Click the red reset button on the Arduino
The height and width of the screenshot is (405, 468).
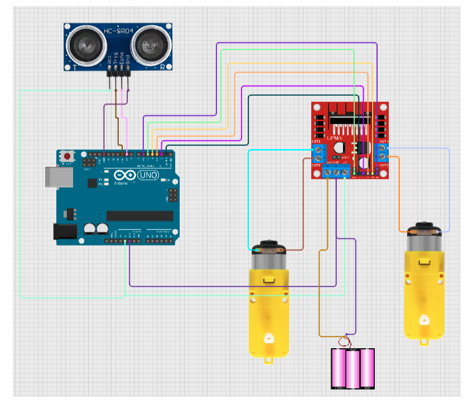[67, 156]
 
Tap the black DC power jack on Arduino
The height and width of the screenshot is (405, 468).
[65, 232]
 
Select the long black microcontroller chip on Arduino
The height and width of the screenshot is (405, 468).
[139, 216]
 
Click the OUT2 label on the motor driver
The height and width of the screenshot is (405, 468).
[316, 165]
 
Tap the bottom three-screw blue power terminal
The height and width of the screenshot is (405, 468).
[337, 172]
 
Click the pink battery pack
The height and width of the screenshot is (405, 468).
[353, 368]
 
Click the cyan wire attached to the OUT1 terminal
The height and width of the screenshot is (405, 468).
[249, 195]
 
